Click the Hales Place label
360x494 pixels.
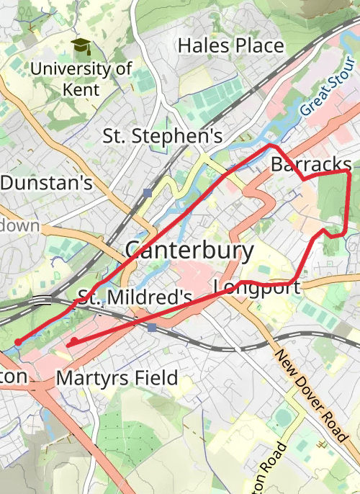(230, 46)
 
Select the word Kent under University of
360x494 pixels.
(81, 90)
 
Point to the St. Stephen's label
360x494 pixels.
(163, 135)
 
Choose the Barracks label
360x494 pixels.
(311, 164)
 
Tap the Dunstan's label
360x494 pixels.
(46, 183)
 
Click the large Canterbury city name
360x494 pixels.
(189, 251)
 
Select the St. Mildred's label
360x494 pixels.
(135, 297)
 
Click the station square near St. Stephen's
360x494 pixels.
(148, 192)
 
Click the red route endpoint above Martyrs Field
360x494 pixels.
(74, 341)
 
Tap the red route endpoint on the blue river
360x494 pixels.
(18, 341)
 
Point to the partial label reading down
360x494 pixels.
(19, 225)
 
